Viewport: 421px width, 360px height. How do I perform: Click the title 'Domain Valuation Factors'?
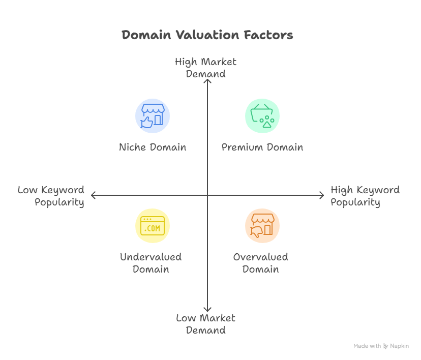[207, 35]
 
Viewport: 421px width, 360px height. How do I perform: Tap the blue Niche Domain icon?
[153, 115]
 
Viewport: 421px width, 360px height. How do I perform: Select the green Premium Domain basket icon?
[262, 115]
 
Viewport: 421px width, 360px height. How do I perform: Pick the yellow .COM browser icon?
[153, 226]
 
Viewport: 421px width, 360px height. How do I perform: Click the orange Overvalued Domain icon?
[262, 226]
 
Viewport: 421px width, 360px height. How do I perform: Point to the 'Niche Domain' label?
[153, 147]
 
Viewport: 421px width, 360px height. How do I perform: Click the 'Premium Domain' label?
[262, 147]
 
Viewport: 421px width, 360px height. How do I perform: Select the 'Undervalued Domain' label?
[151, 263]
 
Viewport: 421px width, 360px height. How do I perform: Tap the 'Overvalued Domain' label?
[261, 263]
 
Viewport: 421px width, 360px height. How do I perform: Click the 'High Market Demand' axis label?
[205, 68]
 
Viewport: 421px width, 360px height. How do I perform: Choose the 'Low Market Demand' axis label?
[205, 324]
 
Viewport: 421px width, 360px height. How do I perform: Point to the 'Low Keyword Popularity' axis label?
[51, 196]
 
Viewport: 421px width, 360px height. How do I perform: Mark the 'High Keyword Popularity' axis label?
[365, 196]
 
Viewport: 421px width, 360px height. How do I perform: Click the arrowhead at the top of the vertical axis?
[207, 80]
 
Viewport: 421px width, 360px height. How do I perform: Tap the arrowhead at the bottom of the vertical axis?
[207, 310]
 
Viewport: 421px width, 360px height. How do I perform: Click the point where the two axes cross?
[207, 195]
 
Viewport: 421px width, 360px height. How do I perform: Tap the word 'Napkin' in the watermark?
[399, 346]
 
